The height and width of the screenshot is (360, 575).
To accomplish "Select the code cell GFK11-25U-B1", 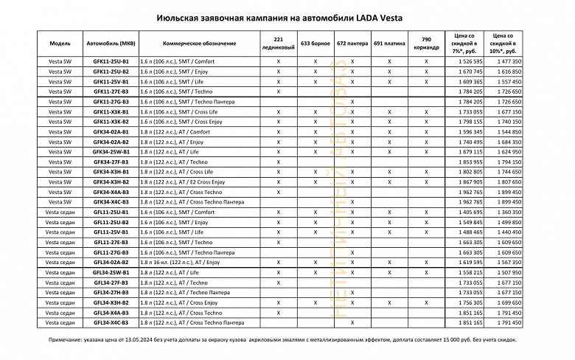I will [111, 61].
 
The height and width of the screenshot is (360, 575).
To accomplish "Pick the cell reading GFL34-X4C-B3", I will [111, 322].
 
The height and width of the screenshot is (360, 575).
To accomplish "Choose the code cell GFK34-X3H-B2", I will [111, 181].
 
